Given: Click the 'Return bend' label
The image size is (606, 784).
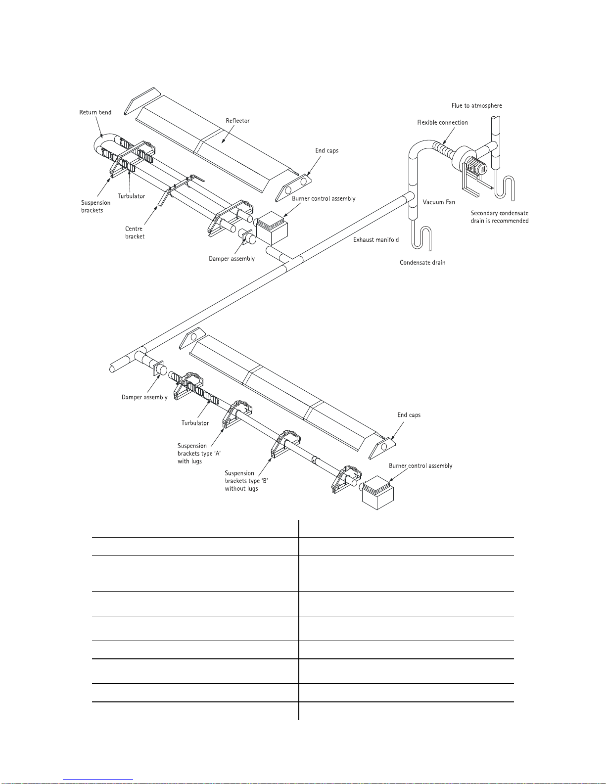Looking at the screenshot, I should tap(95, 112).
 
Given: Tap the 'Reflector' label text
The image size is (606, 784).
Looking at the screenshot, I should tap(237, 121).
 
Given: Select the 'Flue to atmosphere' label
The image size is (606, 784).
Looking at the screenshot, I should tap(476, 105).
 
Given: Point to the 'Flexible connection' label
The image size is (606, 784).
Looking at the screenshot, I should tap(442, 123).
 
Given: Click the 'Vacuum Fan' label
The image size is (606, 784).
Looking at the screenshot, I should tap(439, 202).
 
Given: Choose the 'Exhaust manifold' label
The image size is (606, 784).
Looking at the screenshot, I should tap(376, 240).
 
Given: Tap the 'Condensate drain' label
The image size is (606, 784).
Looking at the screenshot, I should tap(422, 263).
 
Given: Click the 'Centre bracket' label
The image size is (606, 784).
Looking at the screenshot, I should tap(134, 232).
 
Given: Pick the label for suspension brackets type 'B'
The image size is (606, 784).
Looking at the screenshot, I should tap(246, 481).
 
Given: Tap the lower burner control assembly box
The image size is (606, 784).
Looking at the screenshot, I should tap(378, 493).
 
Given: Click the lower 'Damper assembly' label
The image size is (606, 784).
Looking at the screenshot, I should tap(144, 397).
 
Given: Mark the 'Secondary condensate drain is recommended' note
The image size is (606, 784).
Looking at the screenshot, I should tap(499, 217).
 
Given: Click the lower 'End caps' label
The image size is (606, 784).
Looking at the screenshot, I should tap(409, 415).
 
